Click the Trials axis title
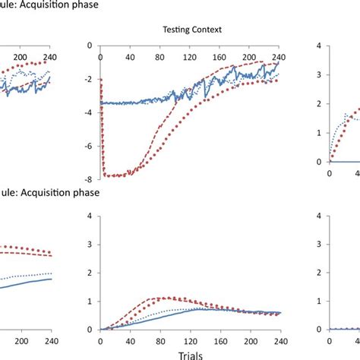point(191,354)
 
